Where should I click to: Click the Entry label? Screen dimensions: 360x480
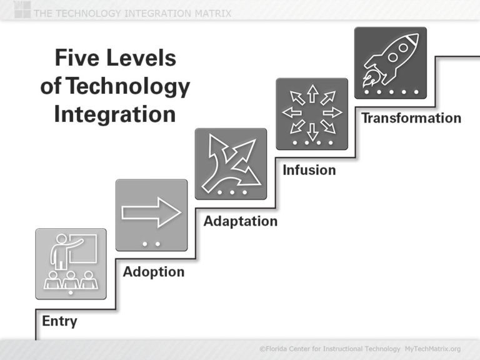[x=59, y=322]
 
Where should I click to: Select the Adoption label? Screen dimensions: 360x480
[x=153, y=272]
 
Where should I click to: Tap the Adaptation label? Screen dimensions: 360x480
[x=240, y=221]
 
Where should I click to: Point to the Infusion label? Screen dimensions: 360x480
[x=309, y=170]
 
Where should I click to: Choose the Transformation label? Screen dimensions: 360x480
[x=411, y=118]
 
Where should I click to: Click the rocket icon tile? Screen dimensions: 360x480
[x=390, y=62]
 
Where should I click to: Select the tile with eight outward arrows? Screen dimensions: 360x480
[x=311, y=114]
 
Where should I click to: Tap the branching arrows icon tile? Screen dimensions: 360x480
[x=230, y=164]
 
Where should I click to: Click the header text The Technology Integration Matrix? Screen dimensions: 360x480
[x=131, y=13]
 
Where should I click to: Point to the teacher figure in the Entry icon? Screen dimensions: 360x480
[x=62, y=250]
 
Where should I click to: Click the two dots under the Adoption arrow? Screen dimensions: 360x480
[x=151, y=243]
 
